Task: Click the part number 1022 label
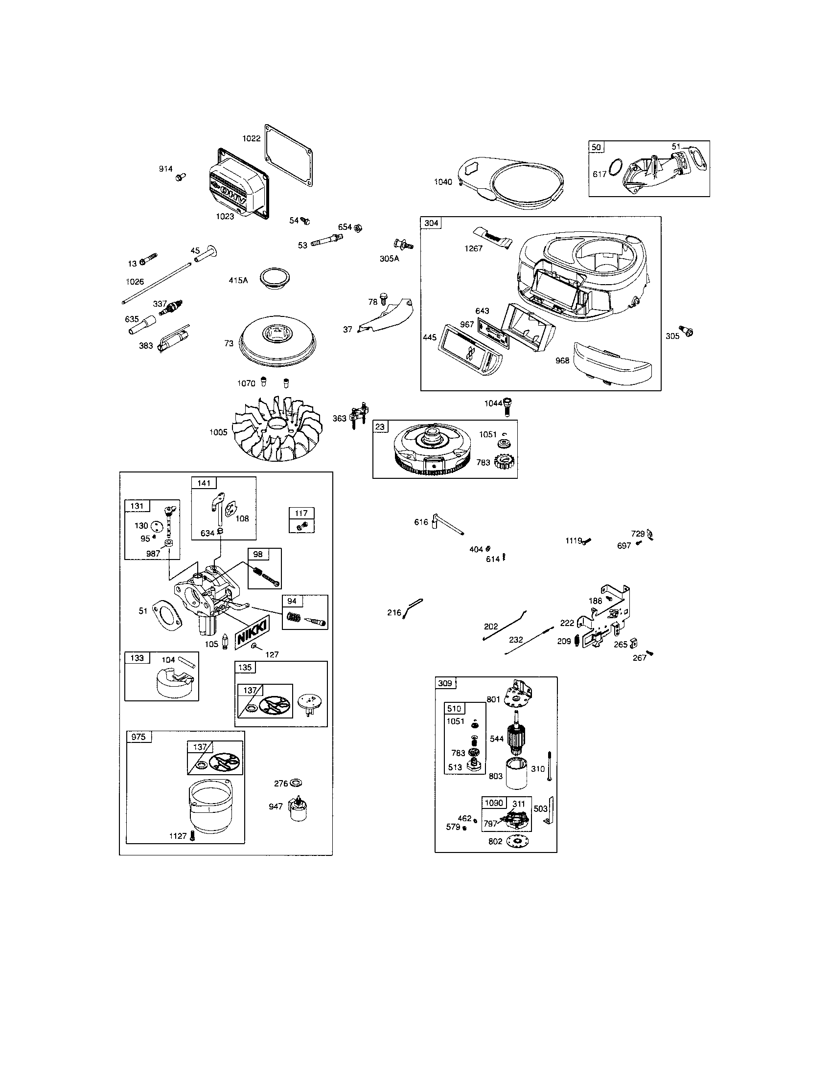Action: coord(251,138)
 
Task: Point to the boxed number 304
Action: coord(431,223)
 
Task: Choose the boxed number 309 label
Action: coord(444,683)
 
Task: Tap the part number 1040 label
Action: coord(442,182)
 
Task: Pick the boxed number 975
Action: coord(138,737)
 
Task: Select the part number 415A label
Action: coord(238,280)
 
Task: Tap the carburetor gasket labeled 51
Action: coord(167,616)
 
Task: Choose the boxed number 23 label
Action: coord(379,426)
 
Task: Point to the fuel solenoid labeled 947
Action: coord(298,807)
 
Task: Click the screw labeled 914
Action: coord(180,176)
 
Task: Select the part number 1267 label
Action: coord(473,248)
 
